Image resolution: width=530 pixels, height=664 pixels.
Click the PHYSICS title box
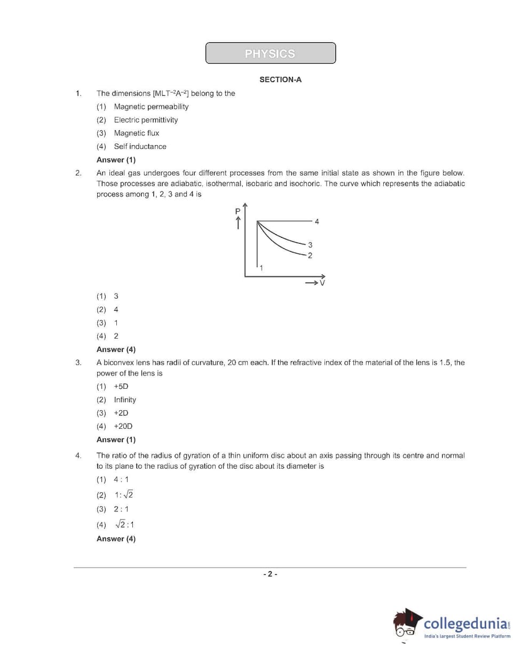tap(270, 53)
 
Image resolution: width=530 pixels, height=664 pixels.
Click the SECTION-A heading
tap(280, 79)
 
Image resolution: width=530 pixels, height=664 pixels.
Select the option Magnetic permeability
tap(151, 107)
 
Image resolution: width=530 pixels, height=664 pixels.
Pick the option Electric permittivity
tap(146, 120)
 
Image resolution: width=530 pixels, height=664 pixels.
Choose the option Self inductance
tap(140, 147)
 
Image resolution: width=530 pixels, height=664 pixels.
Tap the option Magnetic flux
tap(136, 133)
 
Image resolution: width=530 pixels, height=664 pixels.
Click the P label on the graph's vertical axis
tap(238, 212)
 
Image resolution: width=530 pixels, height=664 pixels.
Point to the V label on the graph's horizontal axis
tap(322, 283)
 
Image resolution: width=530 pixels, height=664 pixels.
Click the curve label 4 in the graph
tap(317, 221)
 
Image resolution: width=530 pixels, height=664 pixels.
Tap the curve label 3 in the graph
tap(310, 245)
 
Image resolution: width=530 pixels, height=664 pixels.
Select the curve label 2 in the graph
tap(310, 255)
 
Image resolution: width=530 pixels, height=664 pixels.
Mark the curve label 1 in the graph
tap(261, 268)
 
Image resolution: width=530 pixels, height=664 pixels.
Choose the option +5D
tap(121, 387)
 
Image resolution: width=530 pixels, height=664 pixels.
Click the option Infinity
tap(125, 400)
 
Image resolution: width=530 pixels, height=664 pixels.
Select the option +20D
tap(123, 427)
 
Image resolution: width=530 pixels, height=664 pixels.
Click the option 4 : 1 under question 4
tap(121, 479)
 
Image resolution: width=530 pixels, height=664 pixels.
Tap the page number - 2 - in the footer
tap(270, 574)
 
